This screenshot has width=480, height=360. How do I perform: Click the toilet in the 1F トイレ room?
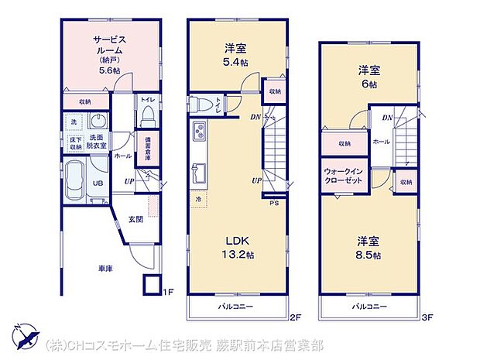pos(148,115)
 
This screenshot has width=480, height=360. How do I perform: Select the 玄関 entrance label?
pos(135,220)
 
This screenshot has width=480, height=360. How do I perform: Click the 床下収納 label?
pos(76,143)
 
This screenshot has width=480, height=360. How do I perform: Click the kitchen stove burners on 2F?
pos(197,129)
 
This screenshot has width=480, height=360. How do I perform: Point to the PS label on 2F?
pos(273,205)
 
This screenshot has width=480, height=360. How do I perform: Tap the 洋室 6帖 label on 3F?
pos(367,77)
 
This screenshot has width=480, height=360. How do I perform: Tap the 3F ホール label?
pos(381,142)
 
